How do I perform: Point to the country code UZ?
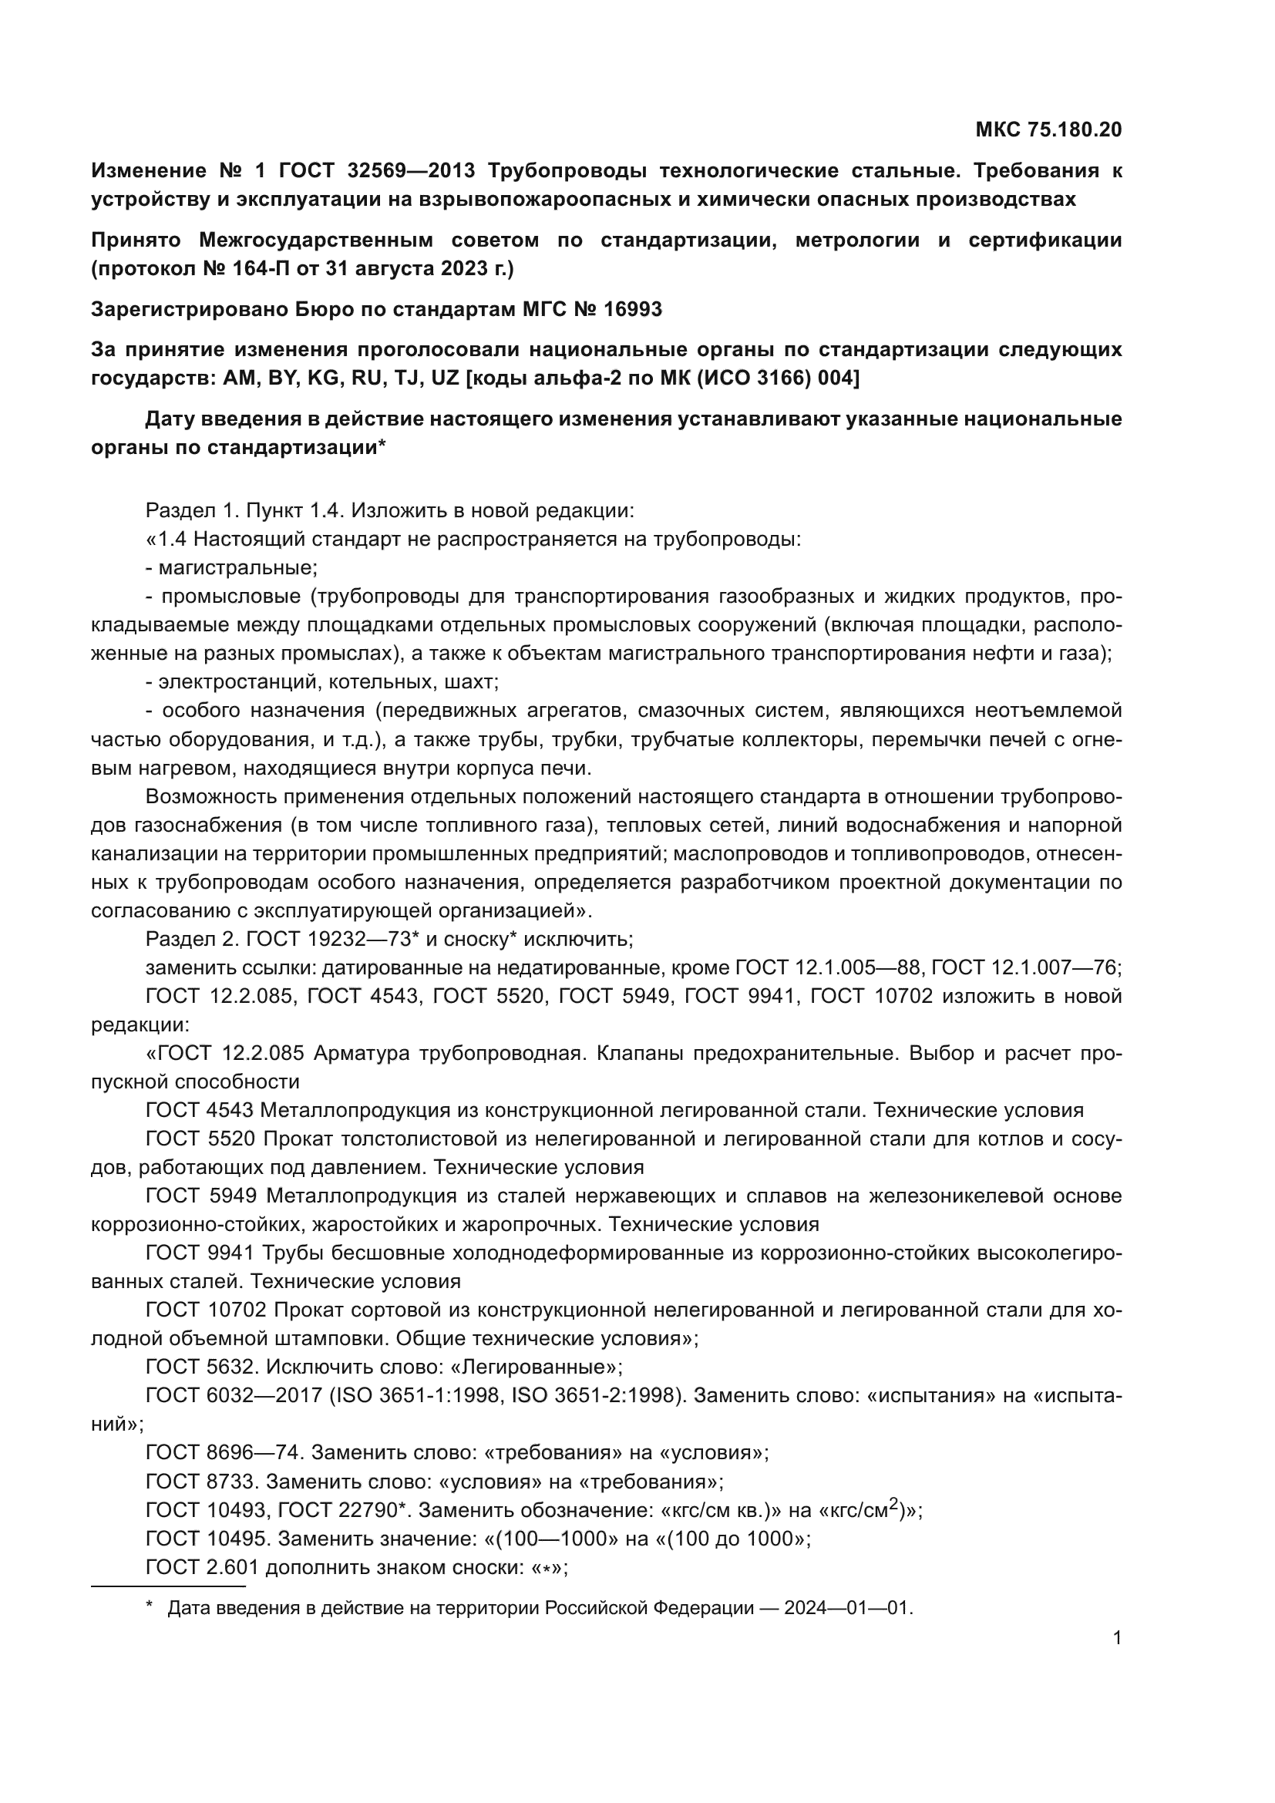[444, 378]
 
